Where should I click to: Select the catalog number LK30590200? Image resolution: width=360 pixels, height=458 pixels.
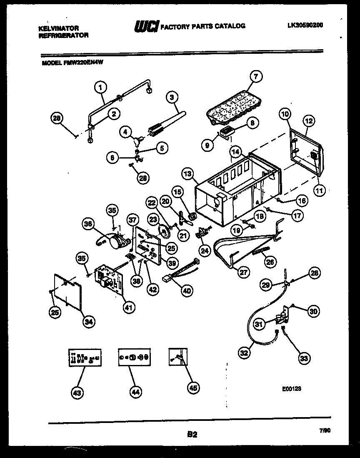pos(305,25)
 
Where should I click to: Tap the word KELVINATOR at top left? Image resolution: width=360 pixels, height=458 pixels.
pos(58,28)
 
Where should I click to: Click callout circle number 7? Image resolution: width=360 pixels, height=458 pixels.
pos(256,76)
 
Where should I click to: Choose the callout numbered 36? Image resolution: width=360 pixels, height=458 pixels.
pos(88,224)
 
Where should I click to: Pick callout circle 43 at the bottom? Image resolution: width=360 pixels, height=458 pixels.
pos(77,392)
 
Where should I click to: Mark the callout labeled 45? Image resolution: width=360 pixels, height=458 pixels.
pos(192,388)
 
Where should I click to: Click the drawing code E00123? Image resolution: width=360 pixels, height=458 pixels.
pos(291,388)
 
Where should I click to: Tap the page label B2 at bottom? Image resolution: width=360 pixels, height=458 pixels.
pos(192,435)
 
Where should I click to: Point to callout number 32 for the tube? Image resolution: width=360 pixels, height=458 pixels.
pos(245,353)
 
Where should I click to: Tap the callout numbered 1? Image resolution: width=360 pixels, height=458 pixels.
pos(100,87)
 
